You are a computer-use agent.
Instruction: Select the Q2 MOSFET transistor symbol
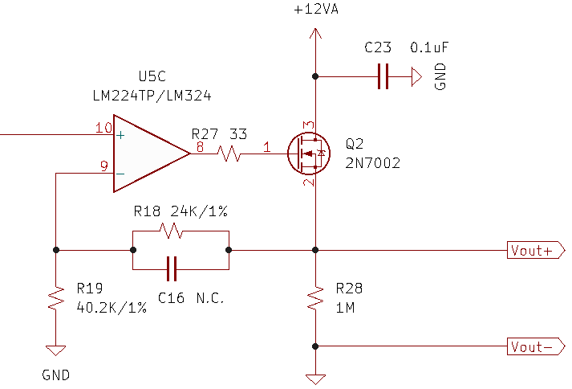[x=309, y=154]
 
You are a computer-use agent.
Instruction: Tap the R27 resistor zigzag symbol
[x=229, y=154]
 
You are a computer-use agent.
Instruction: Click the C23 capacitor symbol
[x=383, y=76]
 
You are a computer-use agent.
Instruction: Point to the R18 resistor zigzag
[x=171, y=231]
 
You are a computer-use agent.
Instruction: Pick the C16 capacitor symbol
[x=172, y=269]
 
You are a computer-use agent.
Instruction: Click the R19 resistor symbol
[x=56, y=299]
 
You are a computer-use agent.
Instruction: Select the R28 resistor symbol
[x=315, y=298]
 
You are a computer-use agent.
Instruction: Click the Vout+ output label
[x=536, y=250]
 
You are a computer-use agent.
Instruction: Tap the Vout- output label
[x=536, y=346]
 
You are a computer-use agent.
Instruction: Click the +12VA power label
[x=316, y=9]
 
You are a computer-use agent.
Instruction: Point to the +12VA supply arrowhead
[x=315, y=33]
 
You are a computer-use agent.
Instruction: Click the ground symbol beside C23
[x=416, y=76]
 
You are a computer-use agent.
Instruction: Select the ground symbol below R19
[x=56, y=350]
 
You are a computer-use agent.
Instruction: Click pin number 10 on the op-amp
[x=103, y=128]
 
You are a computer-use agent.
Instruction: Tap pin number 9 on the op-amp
[x=104, y=166]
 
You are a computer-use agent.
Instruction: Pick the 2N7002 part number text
[x=373, y=162]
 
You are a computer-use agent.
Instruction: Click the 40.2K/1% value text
[x=112, y=308]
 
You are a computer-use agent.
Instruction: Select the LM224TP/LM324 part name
[x=152, y=96]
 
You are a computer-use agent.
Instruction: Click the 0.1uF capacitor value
[x=429, y=47]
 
